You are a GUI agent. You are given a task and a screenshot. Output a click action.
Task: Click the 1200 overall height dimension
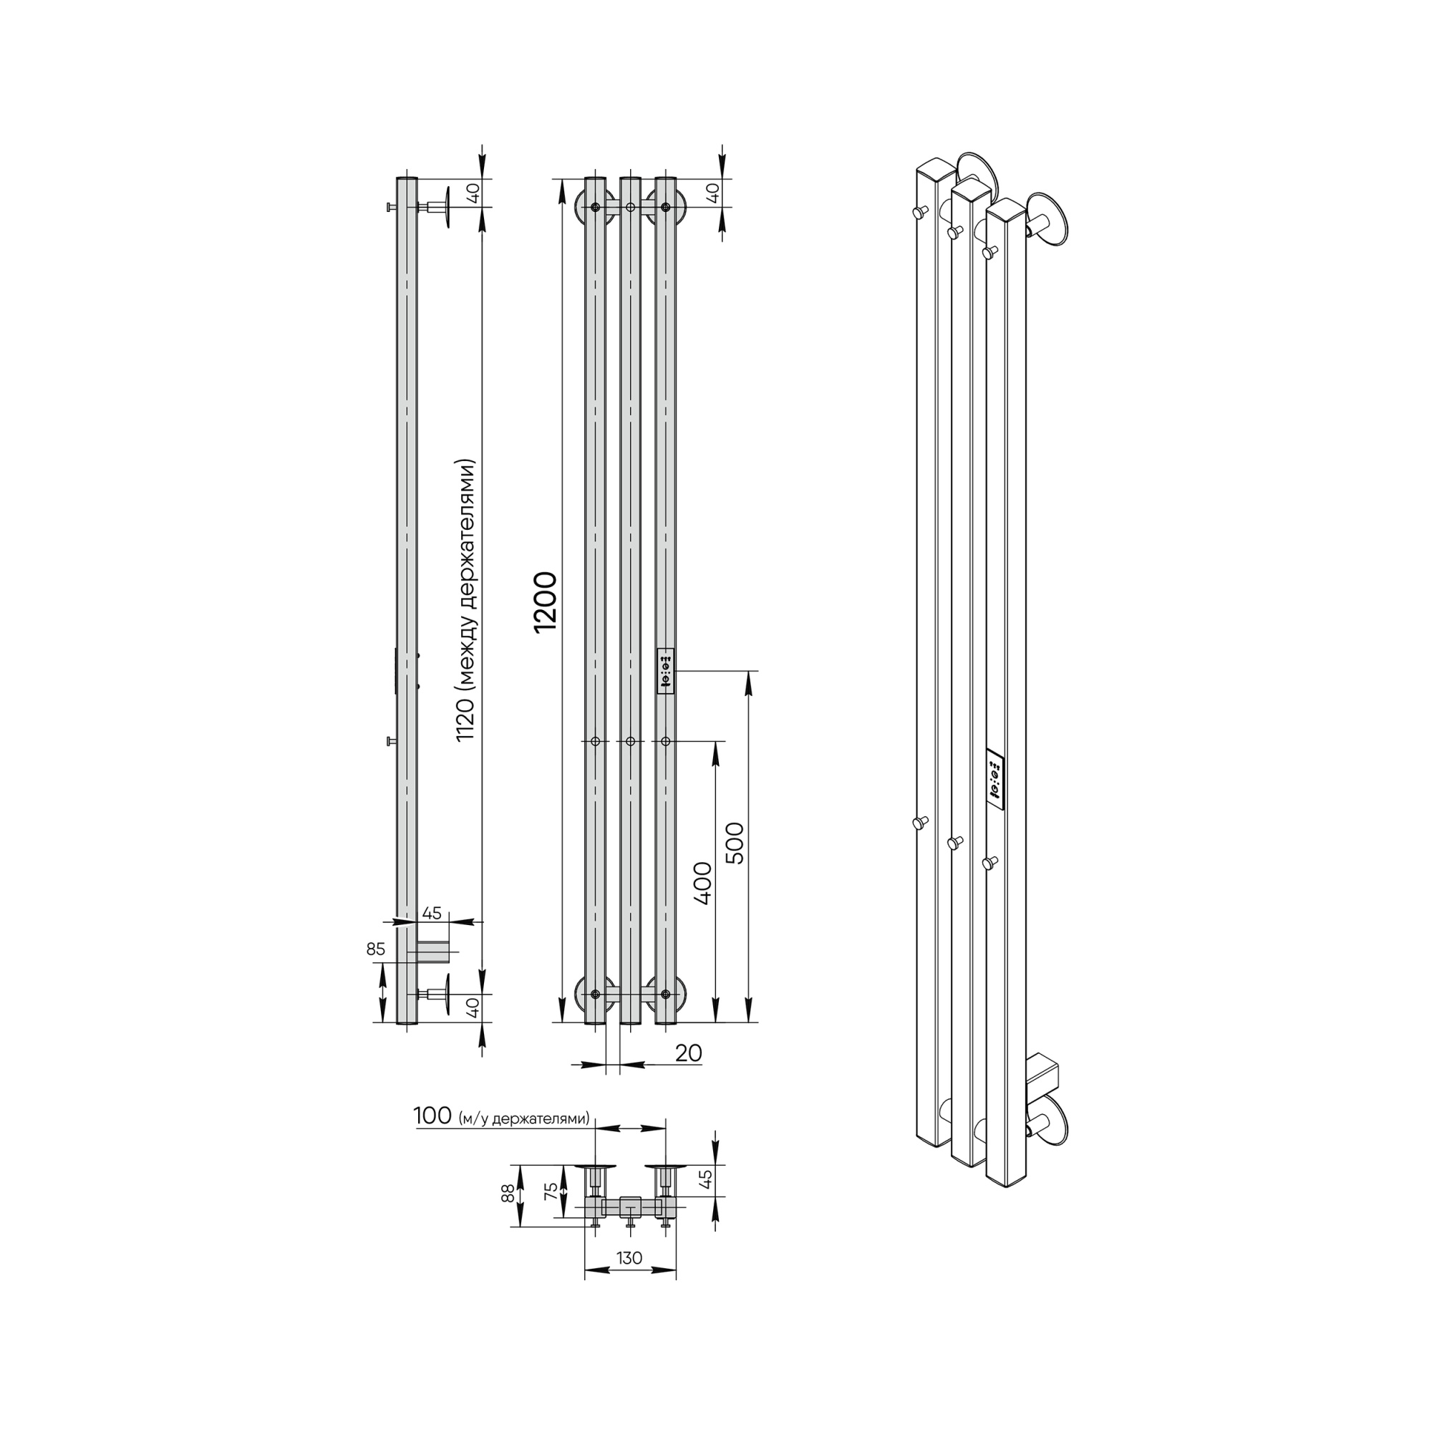(x=546, y=601)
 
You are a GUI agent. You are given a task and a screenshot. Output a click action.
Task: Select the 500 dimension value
(x=734, y=843)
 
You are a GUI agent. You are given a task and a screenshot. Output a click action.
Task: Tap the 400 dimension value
(x=702, y=883)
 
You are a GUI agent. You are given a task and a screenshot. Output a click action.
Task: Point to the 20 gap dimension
(x=689, y=1053)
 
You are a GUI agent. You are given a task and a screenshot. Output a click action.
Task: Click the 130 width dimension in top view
(x=629, y=1258)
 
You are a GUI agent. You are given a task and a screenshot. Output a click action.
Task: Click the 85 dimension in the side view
(x=376, y=949)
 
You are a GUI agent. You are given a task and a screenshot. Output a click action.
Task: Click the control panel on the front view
(x=666, y=672)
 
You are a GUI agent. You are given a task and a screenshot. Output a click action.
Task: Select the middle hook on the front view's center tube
(x=630, y=740)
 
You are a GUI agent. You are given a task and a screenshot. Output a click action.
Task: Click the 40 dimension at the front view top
(x=712, y=193)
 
